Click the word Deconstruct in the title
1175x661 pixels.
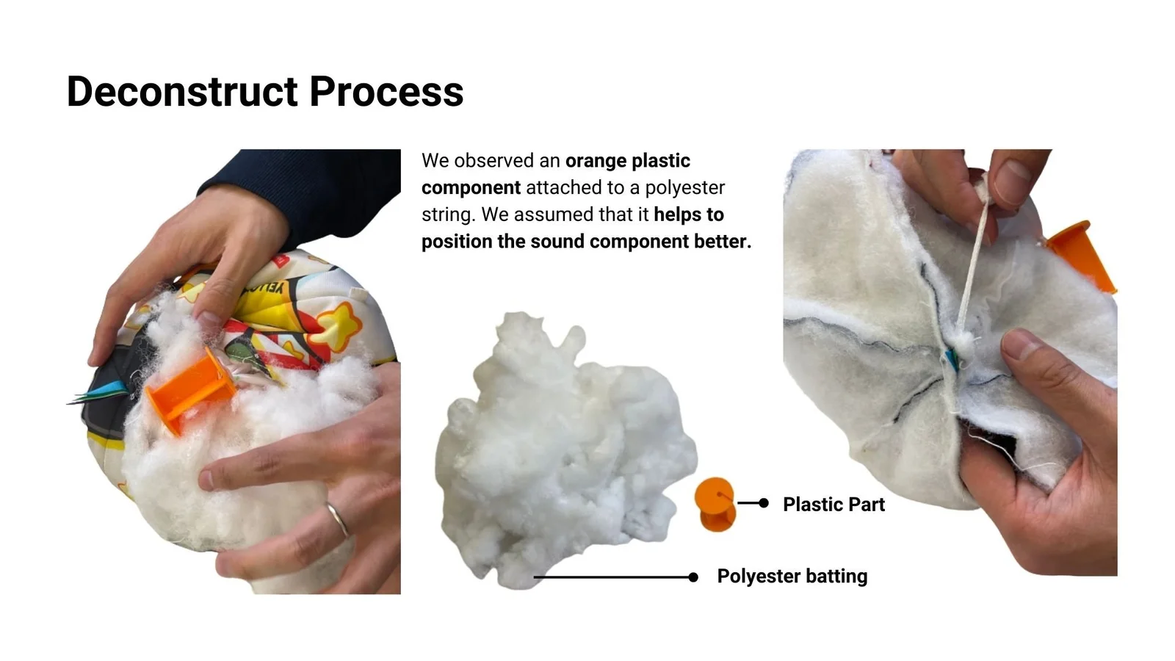point(182,91)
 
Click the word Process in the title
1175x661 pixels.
point(386,91)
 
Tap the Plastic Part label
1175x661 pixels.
point(834,504)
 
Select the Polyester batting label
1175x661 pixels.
point(792,576)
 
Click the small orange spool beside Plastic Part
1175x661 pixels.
point(715,504)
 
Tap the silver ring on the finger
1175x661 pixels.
point(338,519)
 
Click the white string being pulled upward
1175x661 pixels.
point(974,262)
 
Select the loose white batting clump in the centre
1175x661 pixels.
point(564,451)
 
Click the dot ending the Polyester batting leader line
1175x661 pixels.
point(693,577)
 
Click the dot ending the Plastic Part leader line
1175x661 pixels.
point(764,503)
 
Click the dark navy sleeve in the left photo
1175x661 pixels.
point(315,194)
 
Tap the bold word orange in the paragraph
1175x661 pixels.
point(596,161)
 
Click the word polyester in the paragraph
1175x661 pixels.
point(685,187)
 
